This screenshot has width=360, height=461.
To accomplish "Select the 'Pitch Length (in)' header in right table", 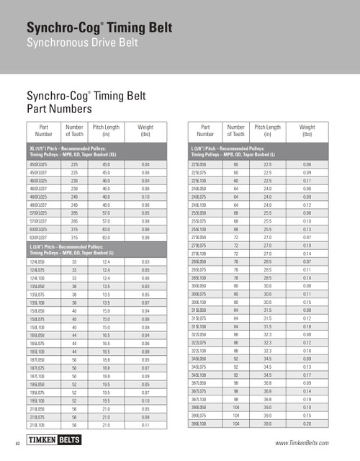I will coord(267,130).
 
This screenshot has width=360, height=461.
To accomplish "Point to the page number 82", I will coord(15,442).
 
